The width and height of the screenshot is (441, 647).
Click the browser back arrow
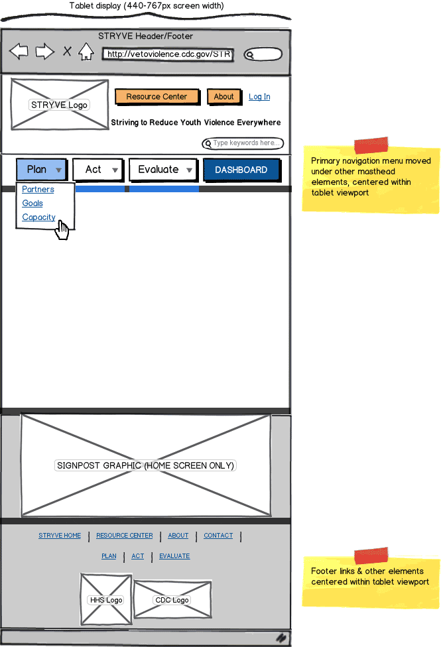coord(19,51)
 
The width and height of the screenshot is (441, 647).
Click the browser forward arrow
coord(44,51)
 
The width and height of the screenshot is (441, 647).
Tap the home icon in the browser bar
coord(86,51)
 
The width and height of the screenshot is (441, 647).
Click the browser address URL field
coord(168,54)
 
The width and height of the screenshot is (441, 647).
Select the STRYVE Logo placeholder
coord(59,105)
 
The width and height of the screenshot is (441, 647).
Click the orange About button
coord(223,97)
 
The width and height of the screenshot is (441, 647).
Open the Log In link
coord(259,97)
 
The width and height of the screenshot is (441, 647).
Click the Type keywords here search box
coord(243,143)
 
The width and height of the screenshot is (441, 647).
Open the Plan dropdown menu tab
coord(41,170)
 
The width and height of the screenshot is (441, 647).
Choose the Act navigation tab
coord(98,170)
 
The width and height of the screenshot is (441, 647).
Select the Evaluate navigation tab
coord(163,170)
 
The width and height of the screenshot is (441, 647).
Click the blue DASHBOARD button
coord(241,170)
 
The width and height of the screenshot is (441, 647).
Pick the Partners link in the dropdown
coord(38,190)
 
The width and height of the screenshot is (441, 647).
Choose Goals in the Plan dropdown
coord(32,204)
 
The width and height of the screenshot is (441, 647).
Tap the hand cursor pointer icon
coord(62,230)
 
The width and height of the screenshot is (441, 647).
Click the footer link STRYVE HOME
coord(60,536)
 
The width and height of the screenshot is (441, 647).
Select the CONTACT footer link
coord(218,536)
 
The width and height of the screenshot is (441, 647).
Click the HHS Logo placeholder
coord(106,599)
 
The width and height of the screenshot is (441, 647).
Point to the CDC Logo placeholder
coord(172,600)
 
